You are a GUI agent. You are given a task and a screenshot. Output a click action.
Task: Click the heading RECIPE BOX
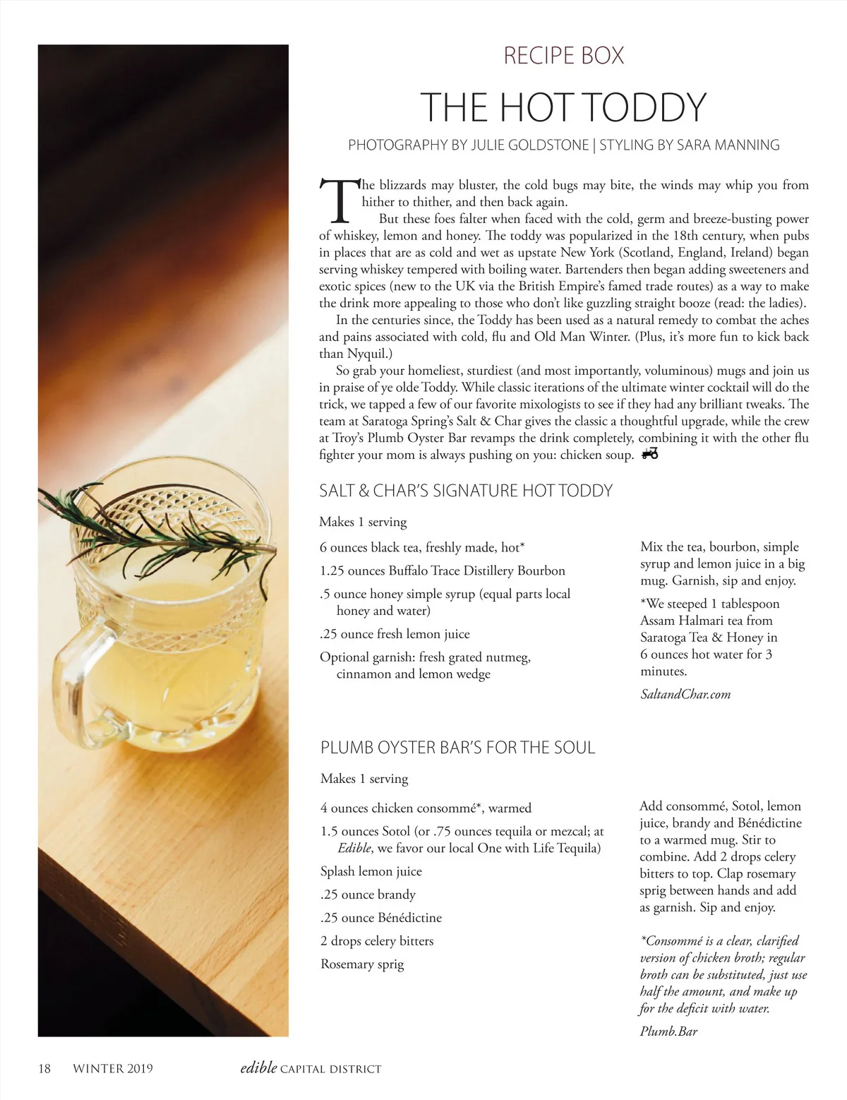(x=563, y=56)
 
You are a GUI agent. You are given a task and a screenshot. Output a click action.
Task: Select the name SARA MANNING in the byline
(x=728, y=145)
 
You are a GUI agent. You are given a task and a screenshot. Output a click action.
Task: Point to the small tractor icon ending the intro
(x=649, y=454)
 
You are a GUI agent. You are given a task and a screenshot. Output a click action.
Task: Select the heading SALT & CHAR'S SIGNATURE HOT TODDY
(x=466, y=491)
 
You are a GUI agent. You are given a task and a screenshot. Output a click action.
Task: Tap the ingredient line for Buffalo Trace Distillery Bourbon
(x=442, y=570)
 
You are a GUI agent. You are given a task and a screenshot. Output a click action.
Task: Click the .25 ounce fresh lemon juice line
(x=395, y=634)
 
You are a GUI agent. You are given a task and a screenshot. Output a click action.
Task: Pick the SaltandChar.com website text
(x=685, y=694)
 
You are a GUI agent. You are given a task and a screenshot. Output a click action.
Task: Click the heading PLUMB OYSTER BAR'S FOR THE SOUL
(x=457, y=748)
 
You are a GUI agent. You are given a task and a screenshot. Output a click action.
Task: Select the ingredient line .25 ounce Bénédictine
(x=381, y=918)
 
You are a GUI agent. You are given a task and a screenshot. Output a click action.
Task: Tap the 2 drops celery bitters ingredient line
(x=377, y=941)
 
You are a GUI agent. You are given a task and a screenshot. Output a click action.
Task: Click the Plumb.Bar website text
(x=668, y=1032)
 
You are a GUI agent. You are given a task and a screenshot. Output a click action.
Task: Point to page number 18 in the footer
(x=44, y=1069)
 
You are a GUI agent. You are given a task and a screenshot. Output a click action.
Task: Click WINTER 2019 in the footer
(x=113, y=1069)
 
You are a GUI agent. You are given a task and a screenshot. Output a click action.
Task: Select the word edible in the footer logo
(x=258, y=1068)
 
